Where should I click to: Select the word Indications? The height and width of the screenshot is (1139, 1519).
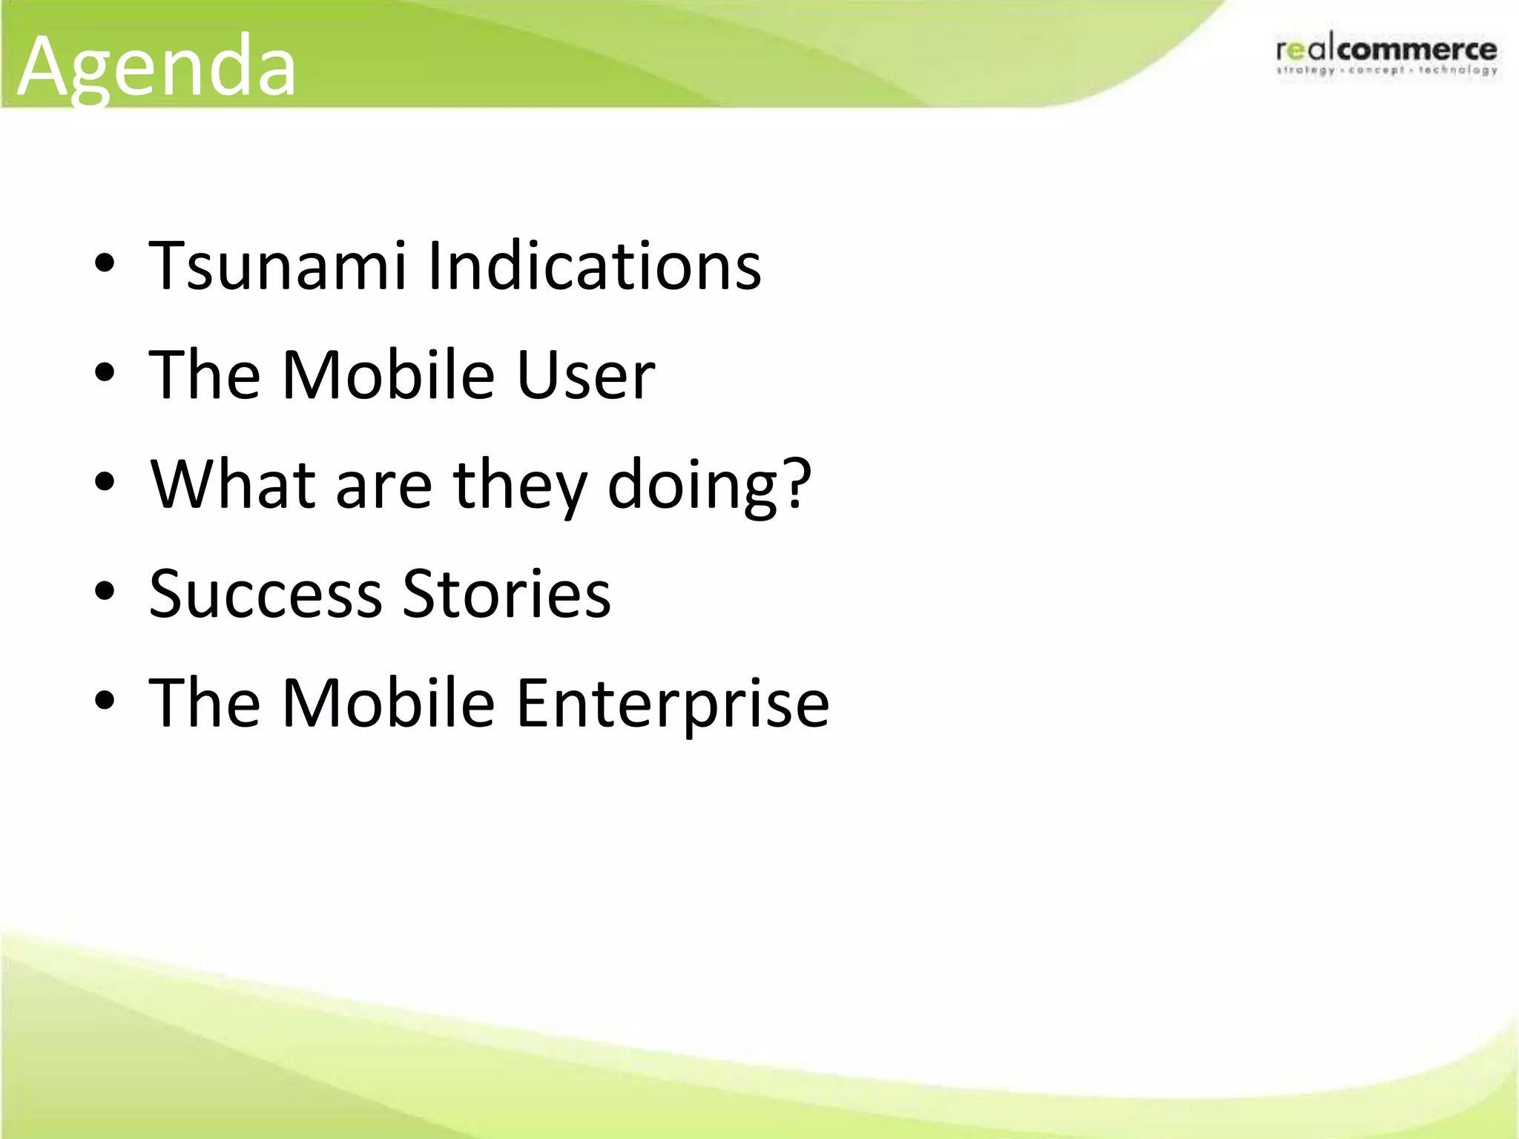click(595, 265)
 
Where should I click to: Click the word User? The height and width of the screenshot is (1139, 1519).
click(585, 374)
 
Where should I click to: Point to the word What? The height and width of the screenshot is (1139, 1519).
click(233, 483)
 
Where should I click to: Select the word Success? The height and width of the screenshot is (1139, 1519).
click(266, 593)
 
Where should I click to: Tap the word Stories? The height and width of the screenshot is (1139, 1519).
click(507, 593)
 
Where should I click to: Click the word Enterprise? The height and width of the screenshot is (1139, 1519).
click(672, 703)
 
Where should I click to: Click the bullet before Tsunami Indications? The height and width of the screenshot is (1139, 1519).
click(105, 265)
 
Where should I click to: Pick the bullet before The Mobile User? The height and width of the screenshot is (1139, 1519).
click(105, 374)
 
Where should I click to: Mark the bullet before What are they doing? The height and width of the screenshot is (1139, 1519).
click(105, 483)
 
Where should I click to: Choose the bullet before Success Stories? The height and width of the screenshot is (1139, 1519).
click(105, 592)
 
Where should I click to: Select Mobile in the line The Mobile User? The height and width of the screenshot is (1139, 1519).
click(388, 374)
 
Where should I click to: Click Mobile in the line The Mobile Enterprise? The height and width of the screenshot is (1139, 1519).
click(388, 703)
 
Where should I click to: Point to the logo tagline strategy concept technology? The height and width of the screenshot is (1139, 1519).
click(1385, 71)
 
